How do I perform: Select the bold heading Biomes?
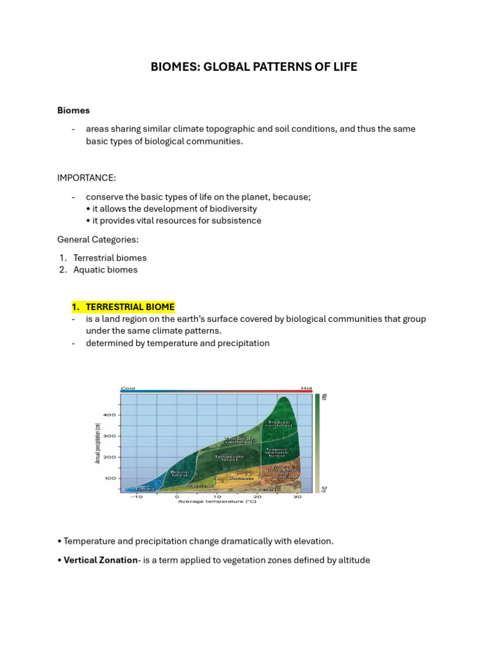pyautogui.click(x=74, y=110)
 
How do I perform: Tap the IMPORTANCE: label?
pyautogui.click(x=87, y=177)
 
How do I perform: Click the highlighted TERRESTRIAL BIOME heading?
pyautogui.click(x=130, y=307)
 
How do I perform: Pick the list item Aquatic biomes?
pyautogui.click(x=105, y=269)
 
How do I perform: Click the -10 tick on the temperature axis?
pyautogui.click(x=136, y=496)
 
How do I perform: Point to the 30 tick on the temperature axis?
pyautogui.click(x=297, y=496)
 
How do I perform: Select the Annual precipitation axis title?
pyautogui.click(x=98, y=444)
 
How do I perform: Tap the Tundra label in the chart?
pyautogui.click(x=146, y=489)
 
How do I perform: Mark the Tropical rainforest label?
pyautogui.click(x=279, y=423)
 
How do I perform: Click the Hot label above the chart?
pyautogui.click(x=306, y=388)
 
